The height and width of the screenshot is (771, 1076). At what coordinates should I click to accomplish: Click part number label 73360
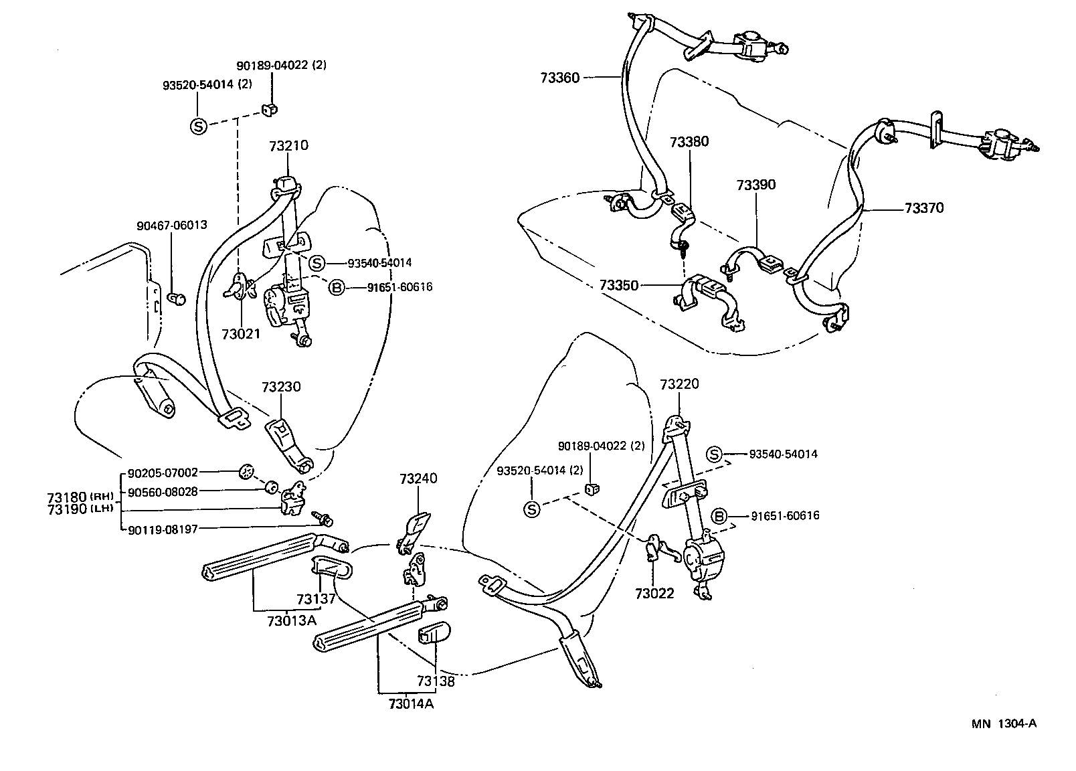560,78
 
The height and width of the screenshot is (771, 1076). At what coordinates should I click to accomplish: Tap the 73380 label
689,142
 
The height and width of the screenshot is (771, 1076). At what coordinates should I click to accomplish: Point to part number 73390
756,185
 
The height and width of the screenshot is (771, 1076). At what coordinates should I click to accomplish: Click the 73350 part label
619,285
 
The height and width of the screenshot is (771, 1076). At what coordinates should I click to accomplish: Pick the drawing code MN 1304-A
1004,723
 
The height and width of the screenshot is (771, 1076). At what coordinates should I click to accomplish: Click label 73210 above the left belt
289,145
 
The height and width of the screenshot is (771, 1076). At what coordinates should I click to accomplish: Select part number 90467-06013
172,226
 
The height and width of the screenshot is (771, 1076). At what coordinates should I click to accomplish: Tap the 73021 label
241,333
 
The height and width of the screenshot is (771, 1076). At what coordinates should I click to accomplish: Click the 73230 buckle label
281,387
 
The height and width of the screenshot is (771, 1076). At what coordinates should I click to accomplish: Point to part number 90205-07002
163,473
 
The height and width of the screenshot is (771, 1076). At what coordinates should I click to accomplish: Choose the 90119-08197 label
163,529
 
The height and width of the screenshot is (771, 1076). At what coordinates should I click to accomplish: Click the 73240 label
418,479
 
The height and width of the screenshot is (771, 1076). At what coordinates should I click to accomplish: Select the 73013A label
291,620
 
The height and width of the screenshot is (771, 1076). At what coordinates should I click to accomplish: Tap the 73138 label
436,681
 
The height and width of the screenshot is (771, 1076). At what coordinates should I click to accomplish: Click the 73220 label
679,384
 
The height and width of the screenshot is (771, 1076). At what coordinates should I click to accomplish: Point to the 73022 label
654,593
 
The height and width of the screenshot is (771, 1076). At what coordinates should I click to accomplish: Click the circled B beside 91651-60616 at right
719,516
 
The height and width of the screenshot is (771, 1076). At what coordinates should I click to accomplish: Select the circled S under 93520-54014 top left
199,125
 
